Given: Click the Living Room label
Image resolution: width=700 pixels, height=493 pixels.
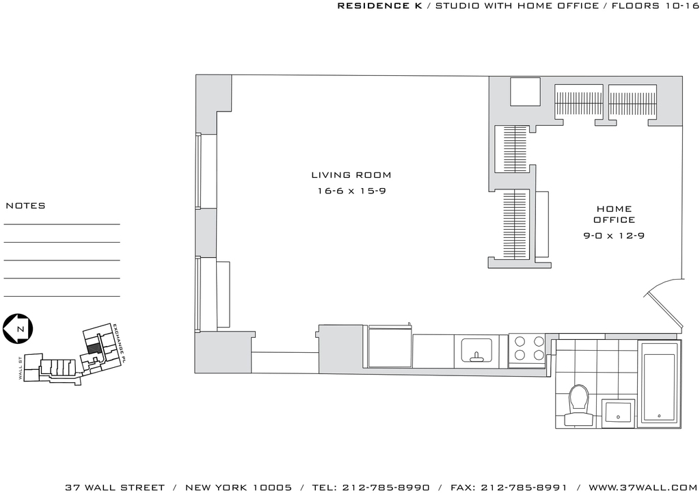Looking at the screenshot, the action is [x=351, y=175].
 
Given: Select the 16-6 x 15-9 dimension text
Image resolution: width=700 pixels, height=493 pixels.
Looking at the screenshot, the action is [x=352, y=191].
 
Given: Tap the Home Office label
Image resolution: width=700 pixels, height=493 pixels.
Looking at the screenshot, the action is [x=615, y=214].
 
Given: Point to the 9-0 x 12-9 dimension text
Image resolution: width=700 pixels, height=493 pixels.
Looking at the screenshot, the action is [x=615, y=235].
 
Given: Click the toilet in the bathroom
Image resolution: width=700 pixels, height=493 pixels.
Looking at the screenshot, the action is [x=579, y=405].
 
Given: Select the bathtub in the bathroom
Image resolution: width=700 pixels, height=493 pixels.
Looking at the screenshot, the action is [x=659, y=382].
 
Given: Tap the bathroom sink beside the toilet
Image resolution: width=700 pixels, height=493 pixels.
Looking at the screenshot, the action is [x=618, y=413].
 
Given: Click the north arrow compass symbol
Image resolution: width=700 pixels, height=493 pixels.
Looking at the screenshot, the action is [x=18, y=329].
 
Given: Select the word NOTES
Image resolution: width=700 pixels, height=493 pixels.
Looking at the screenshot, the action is [x=25, y=206].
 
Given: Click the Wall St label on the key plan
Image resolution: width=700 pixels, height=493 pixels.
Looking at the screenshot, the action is [x=21, y=369].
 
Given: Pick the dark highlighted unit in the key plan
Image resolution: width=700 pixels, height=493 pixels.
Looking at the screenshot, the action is [x=92, y=347].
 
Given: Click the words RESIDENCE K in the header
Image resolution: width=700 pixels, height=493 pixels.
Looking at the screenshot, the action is [x=379, y=5].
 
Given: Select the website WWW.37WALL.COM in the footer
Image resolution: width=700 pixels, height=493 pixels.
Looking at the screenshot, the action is [x=643, y=488].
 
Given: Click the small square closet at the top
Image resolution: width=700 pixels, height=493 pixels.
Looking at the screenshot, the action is [x=525, y=92].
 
